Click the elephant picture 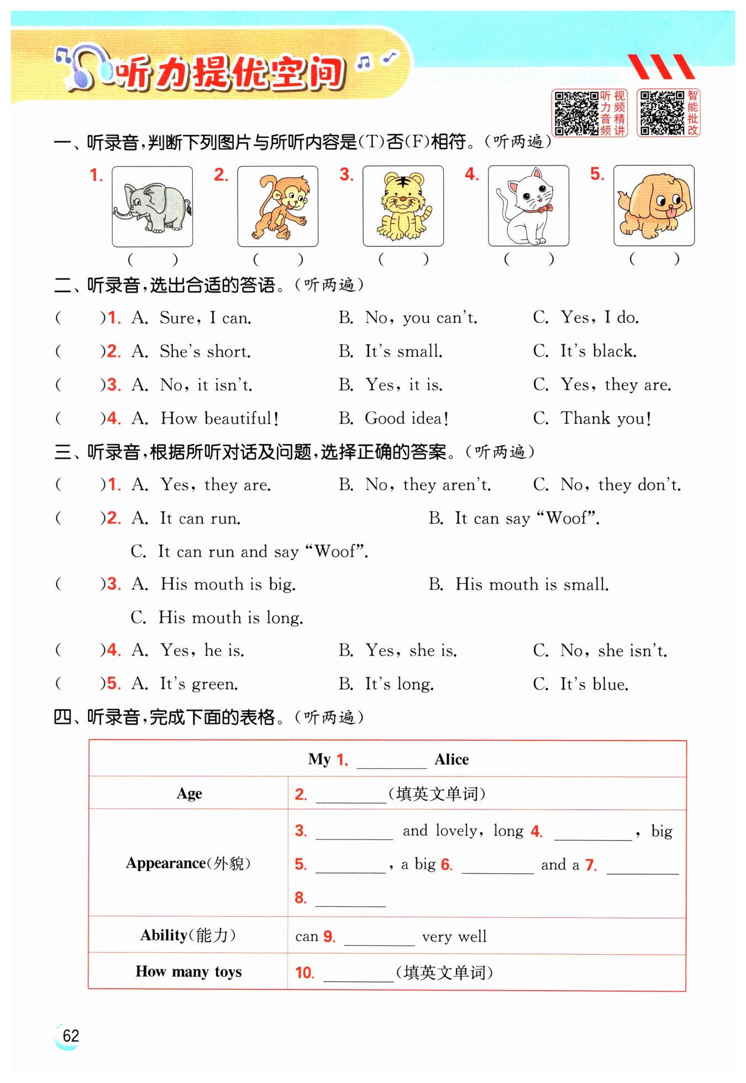[x=153, y=207]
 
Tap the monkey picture [x=278, y=207]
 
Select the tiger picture [x=403, y=206]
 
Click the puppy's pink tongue [x=670, y=213]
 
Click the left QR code [x=576, y=113]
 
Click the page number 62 [x=71, y=1036]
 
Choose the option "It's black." [x=598, y=351]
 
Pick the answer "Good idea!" [x=406, y=419]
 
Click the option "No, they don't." [x=621, y=485]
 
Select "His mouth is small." [x=532, y=584]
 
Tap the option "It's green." [x=199, y=684]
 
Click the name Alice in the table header [x=451, y=759]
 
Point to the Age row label [x=189, y=794]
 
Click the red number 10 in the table [x=304, y=973]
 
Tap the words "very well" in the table [x=454, y=937]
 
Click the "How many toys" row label [x=188, y=971]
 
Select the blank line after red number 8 [x=350, y=900]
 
